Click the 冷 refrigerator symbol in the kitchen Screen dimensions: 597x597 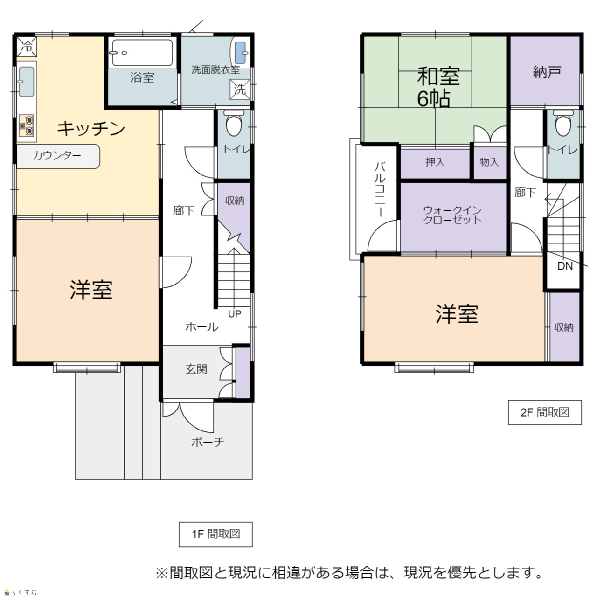[x=27, y=47]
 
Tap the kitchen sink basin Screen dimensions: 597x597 [x=26, y=82]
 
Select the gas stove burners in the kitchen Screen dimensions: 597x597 [x=26, y=125]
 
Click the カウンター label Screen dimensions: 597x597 [x=57, y=155]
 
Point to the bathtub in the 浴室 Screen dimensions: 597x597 [x=143, y=53]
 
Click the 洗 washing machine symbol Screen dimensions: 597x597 [x=240, y=90]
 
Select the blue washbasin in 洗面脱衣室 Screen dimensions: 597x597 [x=240, y=52]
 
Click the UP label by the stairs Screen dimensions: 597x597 [x=235, y=314]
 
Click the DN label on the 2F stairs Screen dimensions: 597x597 [x=565, y=266]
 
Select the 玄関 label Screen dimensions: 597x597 [x=196, y=369]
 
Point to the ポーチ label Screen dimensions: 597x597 [x=208, y=442]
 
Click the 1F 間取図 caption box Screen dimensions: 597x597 [x=215, y=534]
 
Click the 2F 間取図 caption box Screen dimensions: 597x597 [x=545, y=412]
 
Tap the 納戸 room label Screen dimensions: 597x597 [x=547, y=72]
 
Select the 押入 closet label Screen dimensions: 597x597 [x=435, y=162]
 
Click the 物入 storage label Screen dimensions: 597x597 [x=489, y=162]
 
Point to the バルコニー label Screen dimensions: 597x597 [x=380, y=189]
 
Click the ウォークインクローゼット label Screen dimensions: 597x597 [x=452, y=215]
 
